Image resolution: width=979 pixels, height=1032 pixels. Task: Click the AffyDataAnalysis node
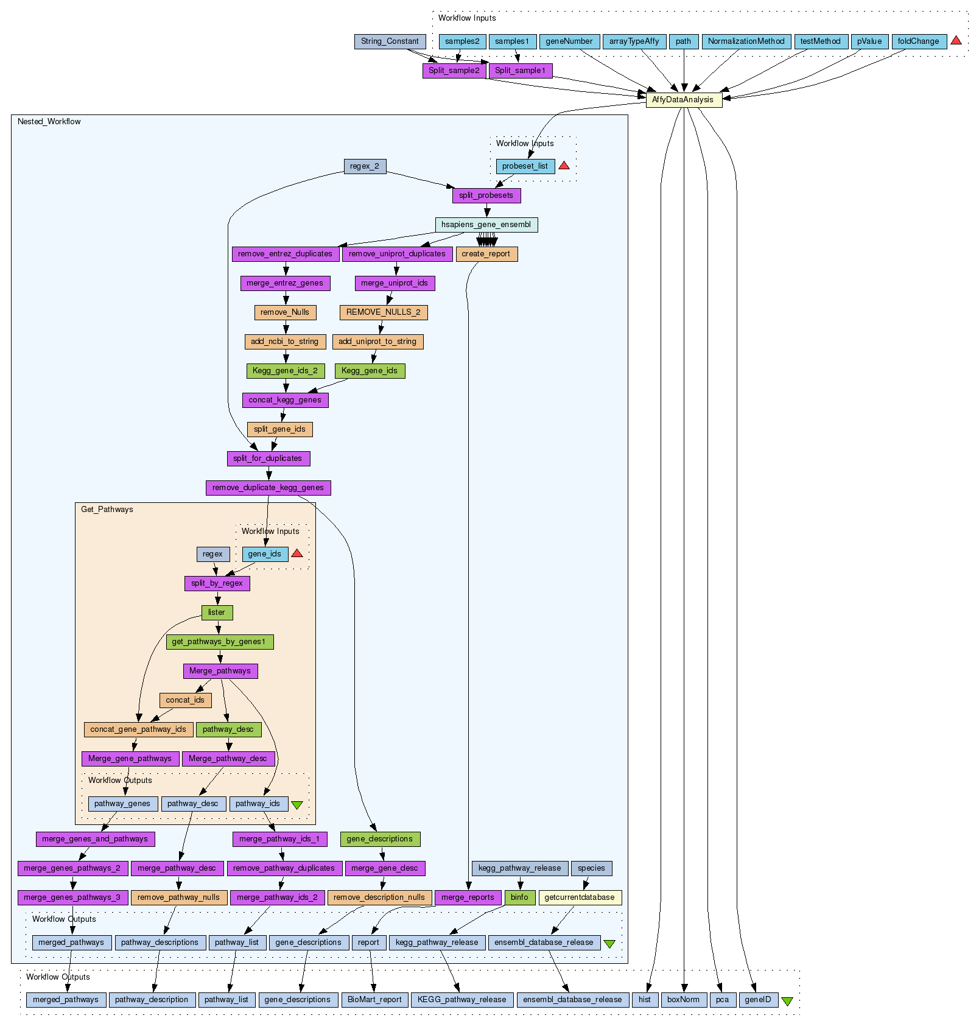[683, 100]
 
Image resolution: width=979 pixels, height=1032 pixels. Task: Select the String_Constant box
[390, 41]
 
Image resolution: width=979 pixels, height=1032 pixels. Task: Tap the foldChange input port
[918, 41]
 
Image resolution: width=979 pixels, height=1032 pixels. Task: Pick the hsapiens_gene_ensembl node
[486, 225]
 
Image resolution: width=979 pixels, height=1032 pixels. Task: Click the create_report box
[486, 254]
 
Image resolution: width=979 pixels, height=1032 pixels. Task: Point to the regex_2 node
[365, 166]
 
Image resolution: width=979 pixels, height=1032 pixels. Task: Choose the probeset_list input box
[525, 166]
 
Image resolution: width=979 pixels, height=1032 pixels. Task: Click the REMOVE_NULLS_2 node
[383, 312]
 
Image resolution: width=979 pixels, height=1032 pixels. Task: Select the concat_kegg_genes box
[285, 400]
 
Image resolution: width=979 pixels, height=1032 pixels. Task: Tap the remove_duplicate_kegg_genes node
[268, 488]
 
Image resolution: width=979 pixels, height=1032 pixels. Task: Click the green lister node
[217, 613]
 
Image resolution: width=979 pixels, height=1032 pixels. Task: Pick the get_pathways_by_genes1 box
[219, 642]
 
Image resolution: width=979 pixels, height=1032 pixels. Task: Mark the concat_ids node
[185, 700]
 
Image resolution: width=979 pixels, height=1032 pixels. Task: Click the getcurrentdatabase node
[580, 897]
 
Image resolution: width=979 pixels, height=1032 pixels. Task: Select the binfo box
[519, 897]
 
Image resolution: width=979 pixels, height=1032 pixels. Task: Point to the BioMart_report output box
[374, 1000]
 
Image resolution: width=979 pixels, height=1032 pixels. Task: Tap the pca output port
[722, 1000]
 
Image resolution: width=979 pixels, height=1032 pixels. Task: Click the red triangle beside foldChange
[956, 40]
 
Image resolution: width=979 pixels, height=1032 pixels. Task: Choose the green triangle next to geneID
[787, 1002]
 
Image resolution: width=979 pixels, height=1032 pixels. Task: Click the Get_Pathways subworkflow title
[107, 510]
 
